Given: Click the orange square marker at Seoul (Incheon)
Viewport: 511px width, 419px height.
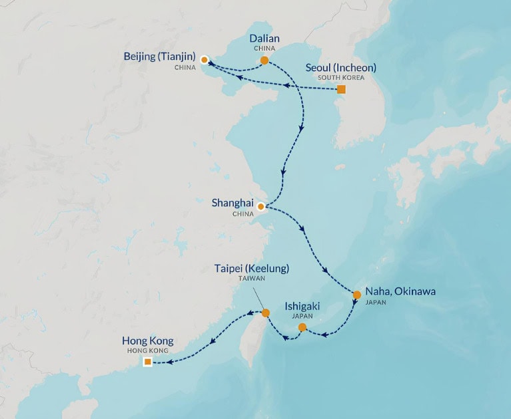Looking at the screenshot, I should click(341, 89).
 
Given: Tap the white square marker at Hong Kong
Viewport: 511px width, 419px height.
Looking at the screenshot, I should click(147, 362).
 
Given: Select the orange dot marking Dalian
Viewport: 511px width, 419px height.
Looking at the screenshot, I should click(264, 61).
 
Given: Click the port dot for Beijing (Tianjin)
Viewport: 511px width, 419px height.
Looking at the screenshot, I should click(204, 59).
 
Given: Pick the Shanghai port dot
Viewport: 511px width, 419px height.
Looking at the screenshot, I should click(260, 206).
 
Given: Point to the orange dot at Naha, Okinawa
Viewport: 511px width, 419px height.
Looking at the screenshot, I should click(356, 295).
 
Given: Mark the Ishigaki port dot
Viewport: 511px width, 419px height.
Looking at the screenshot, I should click(302, 327).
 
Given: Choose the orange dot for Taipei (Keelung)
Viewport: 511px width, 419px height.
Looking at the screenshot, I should click(265, 313).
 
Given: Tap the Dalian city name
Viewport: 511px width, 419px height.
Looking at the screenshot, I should click(264, 39).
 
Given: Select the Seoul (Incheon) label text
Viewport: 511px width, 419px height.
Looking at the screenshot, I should click(340, 67).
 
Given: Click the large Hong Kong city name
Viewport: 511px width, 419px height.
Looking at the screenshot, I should click(147, 341).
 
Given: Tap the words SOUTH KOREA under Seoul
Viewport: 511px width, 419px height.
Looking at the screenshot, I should click(340, 78).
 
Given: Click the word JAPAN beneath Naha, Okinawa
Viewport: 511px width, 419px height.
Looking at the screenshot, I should click(375, 302).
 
